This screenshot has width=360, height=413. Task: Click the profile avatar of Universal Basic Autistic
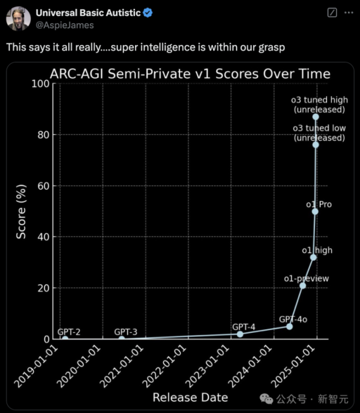click(18, 19)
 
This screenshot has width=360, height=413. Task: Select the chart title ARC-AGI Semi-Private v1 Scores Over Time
click(190, 73)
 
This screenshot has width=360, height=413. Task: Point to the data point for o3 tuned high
click(316, 117)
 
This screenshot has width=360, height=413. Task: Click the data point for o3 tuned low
click(316, 145)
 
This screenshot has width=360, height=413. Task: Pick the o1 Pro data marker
click(315, 211)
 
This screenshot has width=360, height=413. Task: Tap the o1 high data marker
click(313, 257)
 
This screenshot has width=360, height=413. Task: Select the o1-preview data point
click(302, 285)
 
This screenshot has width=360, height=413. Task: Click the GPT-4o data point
click(289, 326)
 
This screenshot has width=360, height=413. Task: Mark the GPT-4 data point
click(240, 334)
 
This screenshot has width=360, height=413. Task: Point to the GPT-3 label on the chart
click(126, 332)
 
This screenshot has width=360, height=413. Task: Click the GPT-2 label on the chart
click(69, 332)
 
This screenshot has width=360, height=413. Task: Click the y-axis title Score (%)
click(22, 211)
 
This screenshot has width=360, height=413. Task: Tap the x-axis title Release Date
click(190, 398)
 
